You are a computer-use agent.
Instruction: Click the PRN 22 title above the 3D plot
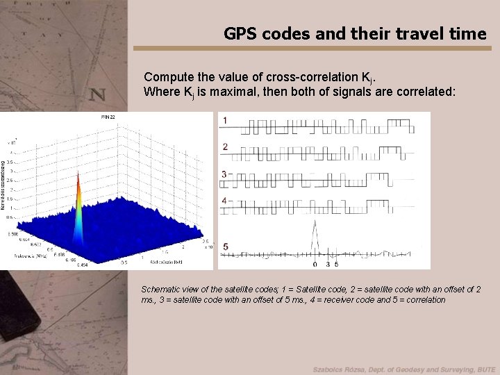pyautogui.click(x=108, y=117)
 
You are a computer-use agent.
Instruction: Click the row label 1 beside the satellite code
pyautogui.click(x=224, y=121)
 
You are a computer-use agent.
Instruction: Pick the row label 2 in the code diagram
pyautogui.click(x=224, y=147)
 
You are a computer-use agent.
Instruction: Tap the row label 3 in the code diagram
pyautogui.click(x=224, y=174)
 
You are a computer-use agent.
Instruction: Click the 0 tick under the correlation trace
pyautogui.click(x=315, y=265)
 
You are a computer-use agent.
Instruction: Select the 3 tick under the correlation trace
pyautogui.click(x=328, y=265)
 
